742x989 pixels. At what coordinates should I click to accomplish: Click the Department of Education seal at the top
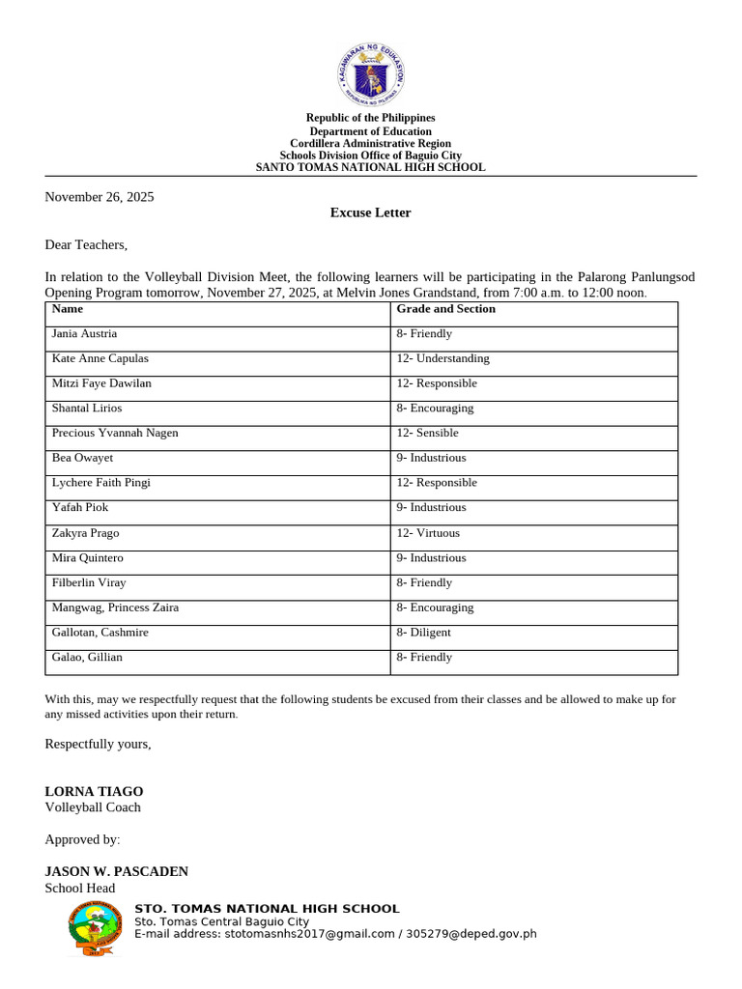(371, 74)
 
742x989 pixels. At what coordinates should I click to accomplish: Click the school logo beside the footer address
(96, 928)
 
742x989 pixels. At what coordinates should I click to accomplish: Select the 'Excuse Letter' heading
(371, 212)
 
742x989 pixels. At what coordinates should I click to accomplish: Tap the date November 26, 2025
(100, 197)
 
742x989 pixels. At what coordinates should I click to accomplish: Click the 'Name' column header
(68, 309)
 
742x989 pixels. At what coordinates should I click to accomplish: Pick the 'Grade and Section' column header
(445, 309)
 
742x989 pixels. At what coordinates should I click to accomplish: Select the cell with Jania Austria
(84, 333)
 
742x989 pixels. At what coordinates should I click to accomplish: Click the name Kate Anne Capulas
(100, 358)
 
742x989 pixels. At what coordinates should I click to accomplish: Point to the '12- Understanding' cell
(442, 358)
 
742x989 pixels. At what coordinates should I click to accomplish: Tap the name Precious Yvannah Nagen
(115, 433)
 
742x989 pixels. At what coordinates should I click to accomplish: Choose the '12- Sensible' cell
(427, 433)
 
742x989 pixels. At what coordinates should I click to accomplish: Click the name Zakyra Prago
(86, 533)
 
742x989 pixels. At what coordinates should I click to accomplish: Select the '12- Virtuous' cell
(428, 533)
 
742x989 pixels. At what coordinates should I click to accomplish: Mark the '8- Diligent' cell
(423, 633)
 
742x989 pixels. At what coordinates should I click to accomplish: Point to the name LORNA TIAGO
(94, 791)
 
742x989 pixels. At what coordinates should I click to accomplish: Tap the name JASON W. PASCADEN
(117, 871)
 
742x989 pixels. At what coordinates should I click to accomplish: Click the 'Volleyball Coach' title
(93, 807)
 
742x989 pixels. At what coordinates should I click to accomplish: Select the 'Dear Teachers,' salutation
(86, 245)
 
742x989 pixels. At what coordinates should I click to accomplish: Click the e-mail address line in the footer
(334, 934)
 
